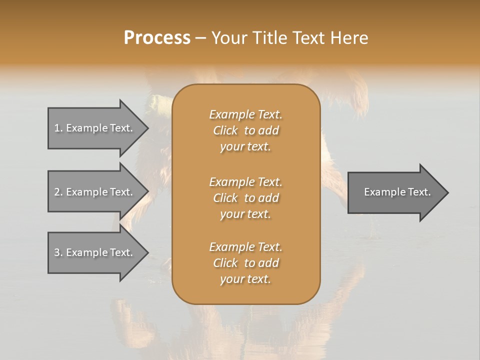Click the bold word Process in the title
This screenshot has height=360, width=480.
pos(157,38)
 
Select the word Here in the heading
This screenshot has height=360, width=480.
pos(349,38)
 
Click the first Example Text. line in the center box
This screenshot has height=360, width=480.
pos(246,114)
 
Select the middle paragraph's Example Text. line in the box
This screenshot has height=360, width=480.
pos(246,181)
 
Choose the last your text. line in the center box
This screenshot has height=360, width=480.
pos(245,279)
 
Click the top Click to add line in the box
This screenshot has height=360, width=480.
pos(246,130)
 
